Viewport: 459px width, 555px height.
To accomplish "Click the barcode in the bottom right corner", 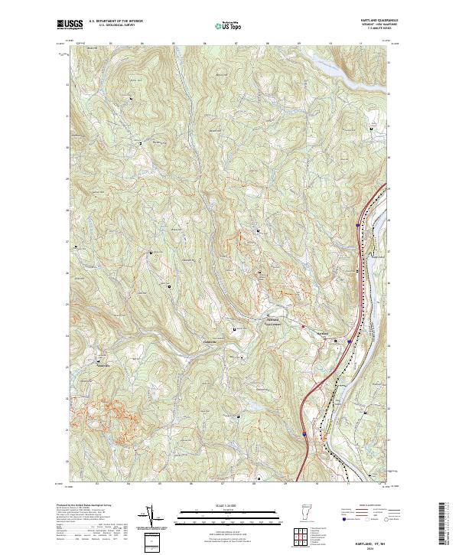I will pos(444,524).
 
